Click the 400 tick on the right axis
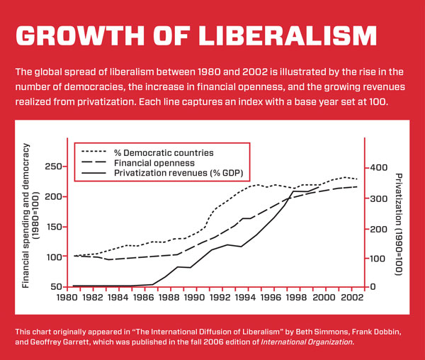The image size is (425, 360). (x=378, y=167)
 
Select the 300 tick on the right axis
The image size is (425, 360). (x=378, y=199)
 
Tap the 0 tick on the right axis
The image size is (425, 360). (x=373, y=287)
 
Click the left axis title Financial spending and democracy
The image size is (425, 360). (x=27, y=215)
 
